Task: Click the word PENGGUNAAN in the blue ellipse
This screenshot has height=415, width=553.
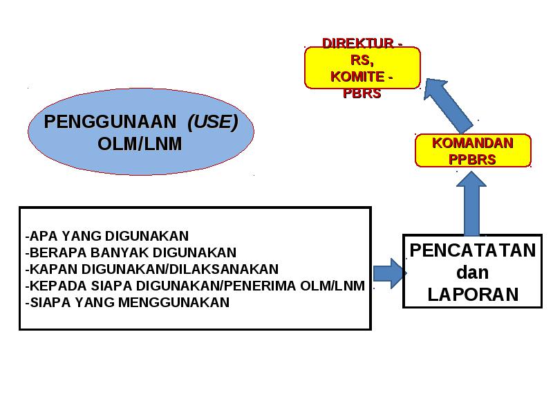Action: (x=110, y=122)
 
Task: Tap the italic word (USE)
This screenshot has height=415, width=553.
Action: (x=213, y=122)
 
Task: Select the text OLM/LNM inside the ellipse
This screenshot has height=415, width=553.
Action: (x=140, y=144)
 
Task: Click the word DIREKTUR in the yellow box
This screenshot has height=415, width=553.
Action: (x=358, y=44)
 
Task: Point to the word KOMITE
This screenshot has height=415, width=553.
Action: (x=357, y=77)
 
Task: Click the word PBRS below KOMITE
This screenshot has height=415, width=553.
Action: (x=362, y=93)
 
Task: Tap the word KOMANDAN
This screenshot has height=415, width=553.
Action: (x=473, y=143)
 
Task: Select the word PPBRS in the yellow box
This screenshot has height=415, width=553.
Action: (x=472, y=160)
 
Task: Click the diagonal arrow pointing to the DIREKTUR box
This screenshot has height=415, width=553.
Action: (x=448, y=104)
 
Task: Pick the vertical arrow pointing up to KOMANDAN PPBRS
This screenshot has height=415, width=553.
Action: (x=471, y=203)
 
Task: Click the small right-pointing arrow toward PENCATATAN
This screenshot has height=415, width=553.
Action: (x=390, y=273)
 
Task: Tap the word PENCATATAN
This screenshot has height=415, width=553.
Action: (x=473, y=250)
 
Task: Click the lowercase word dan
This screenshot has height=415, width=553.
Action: (x=473, y=273)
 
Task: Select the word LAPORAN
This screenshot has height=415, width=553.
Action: (x=473, y=295)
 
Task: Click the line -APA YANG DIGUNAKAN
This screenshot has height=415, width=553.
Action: (x=107, y=236)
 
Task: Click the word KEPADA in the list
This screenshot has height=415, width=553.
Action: (x=58, y=286)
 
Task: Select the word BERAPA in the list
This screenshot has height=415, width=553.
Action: (x=58, y=252)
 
